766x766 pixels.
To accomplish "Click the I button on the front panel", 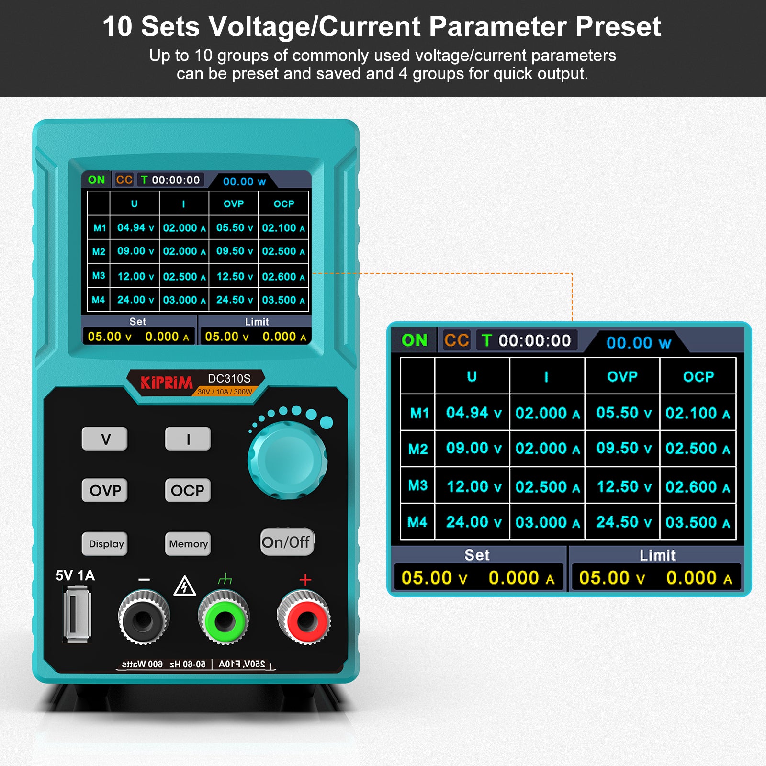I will (188, 439).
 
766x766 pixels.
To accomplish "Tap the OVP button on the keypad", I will (105, 490).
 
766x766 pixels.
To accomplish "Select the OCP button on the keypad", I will (188, 490).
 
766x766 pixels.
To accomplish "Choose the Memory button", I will (188, 544).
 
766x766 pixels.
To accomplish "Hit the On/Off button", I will (286, 542).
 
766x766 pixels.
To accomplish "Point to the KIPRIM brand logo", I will (166, 383).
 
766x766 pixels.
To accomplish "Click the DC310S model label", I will (229, 379).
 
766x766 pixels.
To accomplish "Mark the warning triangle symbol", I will (184, 586).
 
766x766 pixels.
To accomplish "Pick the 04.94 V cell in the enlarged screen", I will (473, 413).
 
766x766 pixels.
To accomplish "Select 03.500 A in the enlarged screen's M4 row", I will (697, 522).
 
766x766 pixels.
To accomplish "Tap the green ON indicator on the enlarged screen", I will (414, 340).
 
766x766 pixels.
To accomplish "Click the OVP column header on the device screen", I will (234, 204).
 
